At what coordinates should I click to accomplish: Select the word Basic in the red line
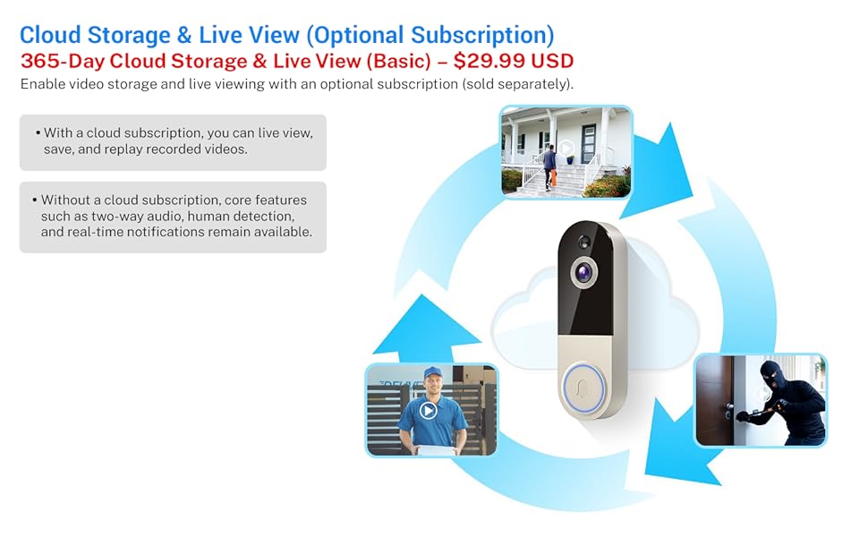click(398, 61)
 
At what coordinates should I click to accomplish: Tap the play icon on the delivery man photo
click(428, 411)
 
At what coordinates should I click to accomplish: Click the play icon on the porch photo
click(566, 149)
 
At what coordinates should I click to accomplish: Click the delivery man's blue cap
click(433, 372)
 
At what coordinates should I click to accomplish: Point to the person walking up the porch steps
click(549, 166)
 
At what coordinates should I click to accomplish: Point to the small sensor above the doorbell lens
click(584, 242)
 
